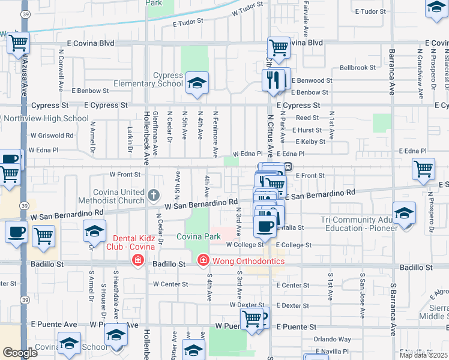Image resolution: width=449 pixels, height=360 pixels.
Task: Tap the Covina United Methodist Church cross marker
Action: (154, 194)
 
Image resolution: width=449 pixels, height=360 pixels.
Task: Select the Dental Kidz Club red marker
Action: (138, 260)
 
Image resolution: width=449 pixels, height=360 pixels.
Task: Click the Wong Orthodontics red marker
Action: (203, 260)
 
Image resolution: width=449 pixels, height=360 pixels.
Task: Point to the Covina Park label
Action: (199, 237)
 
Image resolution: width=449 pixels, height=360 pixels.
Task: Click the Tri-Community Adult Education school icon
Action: (404, 214)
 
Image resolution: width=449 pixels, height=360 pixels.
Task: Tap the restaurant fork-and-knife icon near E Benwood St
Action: (274, 80)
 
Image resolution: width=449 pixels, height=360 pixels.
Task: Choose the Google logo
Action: (20, 353)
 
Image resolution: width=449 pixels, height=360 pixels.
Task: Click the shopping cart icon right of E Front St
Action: (424, 169)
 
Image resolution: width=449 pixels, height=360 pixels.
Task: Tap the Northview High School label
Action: (46, 118)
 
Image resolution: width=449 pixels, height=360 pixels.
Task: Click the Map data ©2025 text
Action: (424, 355)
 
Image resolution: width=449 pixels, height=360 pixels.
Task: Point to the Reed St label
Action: (307, 118)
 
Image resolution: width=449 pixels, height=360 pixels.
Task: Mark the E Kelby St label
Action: (309, 142)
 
